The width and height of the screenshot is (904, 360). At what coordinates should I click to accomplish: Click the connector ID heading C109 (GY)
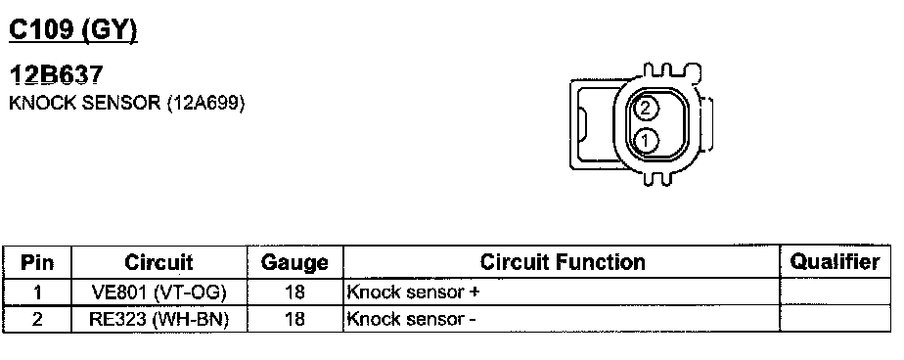click(x=73, y=30)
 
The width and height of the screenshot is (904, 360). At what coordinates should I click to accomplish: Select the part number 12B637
click(x=57, y=75)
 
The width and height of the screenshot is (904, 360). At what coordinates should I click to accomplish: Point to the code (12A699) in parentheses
click(x=205, y=104)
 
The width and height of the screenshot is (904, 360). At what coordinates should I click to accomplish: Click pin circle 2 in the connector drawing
click(x=646, y=108)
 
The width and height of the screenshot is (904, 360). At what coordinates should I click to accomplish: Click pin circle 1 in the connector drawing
click(x=646, y=140)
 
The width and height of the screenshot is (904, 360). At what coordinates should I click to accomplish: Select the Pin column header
click(x=37, y=263)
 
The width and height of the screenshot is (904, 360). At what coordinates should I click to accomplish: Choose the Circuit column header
click(x=159, y=262)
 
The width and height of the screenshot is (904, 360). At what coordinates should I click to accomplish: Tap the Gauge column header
click(x=294, y=263)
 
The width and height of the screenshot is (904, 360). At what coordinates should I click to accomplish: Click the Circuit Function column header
click(x=563, y=262)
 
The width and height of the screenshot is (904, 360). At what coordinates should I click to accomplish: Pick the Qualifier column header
click(x=835, y=262)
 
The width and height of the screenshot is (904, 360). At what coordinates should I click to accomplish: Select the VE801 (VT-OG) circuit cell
click(x=159, y=292)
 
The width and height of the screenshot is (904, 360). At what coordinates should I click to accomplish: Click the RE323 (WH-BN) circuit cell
click(x=159, y=319)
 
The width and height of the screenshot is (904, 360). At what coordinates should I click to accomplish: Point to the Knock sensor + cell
click(x=413, y=292)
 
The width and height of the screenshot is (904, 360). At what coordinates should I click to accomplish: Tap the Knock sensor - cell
click(x=411, y=319)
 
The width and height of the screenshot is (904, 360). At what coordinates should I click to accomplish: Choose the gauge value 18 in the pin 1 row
click(x=294, y=292)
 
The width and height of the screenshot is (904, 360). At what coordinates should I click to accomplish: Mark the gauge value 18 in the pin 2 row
click(x=294, y=319)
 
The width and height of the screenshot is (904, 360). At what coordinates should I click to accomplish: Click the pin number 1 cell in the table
click(x=37, y=292)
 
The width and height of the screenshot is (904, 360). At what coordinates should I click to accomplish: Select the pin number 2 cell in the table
click(x=37, y=319)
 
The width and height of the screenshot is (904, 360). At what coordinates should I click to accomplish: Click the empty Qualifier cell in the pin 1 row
click(x=835, y=292)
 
